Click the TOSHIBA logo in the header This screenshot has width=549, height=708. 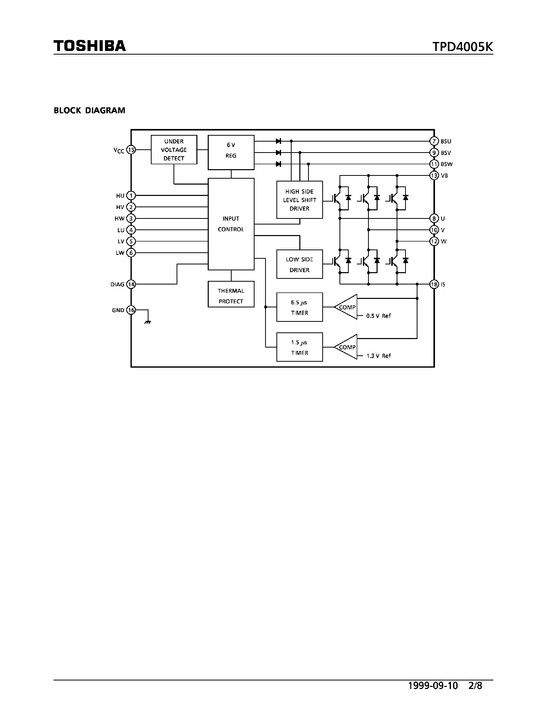tap(90, 46)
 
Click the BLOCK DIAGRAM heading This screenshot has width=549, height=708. tap(90, 110)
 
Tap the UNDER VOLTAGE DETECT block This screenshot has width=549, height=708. tap(174, 150)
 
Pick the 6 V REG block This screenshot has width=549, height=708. tap(231, 152)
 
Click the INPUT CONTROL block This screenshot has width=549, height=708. tap(231, 224)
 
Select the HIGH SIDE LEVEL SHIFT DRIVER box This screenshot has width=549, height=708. tap(299, 200)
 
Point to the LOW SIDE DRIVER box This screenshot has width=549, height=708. tap(299, 264)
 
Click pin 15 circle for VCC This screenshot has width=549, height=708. tap(131, 150)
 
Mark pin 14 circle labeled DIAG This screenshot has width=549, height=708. tap(131, 284)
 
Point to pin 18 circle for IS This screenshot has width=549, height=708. tap(434, 284)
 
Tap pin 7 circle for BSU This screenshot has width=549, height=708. tap(434, 141)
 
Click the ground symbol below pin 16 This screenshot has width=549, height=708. tap(148, 322)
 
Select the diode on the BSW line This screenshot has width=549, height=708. tap(278, 164)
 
